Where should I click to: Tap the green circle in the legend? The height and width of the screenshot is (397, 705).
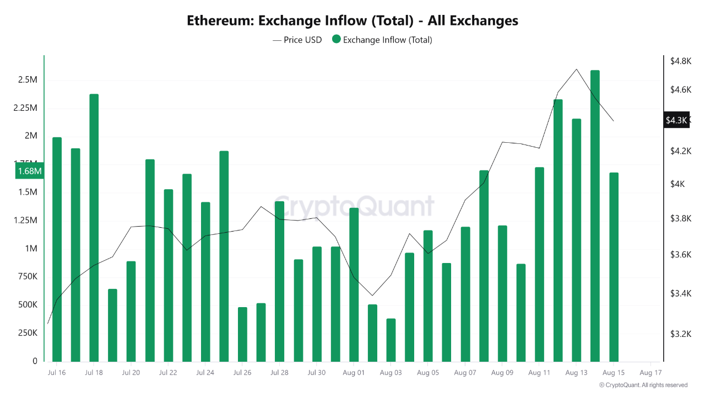coord(336,40)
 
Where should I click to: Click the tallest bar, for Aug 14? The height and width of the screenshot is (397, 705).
coord(595,215)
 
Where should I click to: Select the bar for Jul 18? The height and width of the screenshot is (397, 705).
coord(94,227)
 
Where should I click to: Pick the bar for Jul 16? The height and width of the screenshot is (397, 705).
coord(57,249)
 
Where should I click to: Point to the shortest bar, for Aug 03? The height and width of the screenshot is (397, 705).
coord(391,340)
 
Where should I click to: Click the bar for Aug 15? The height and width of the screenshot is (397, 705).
coord(614,267)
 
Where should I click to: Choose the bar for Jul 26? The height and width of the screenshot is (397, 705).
coord(242,334)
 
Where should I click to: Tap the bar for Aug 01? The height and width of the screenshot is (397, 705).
coord(354,285)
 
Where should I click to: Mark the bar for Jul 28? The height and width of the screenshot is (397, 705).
coord(279,281)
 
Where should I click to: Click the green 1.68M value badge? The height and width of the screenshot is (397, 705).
coord(30,171)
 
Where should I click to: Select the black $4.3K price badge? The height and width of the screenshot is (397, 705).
coord(676,120)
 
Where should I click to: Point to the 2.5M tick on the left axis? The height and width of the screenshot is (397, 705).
coord(28,80)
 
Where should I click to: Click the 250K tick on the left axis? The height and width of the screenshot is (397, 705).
coord(28,333)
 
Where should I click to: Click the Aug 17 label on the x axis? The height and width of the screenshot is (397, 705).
coord(650,373)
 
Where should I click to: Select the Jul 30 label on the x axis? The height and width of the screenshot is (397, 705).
coord(316,373)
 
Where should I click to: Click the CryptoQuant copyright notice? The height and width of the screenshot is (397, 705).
coord(643,385)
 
